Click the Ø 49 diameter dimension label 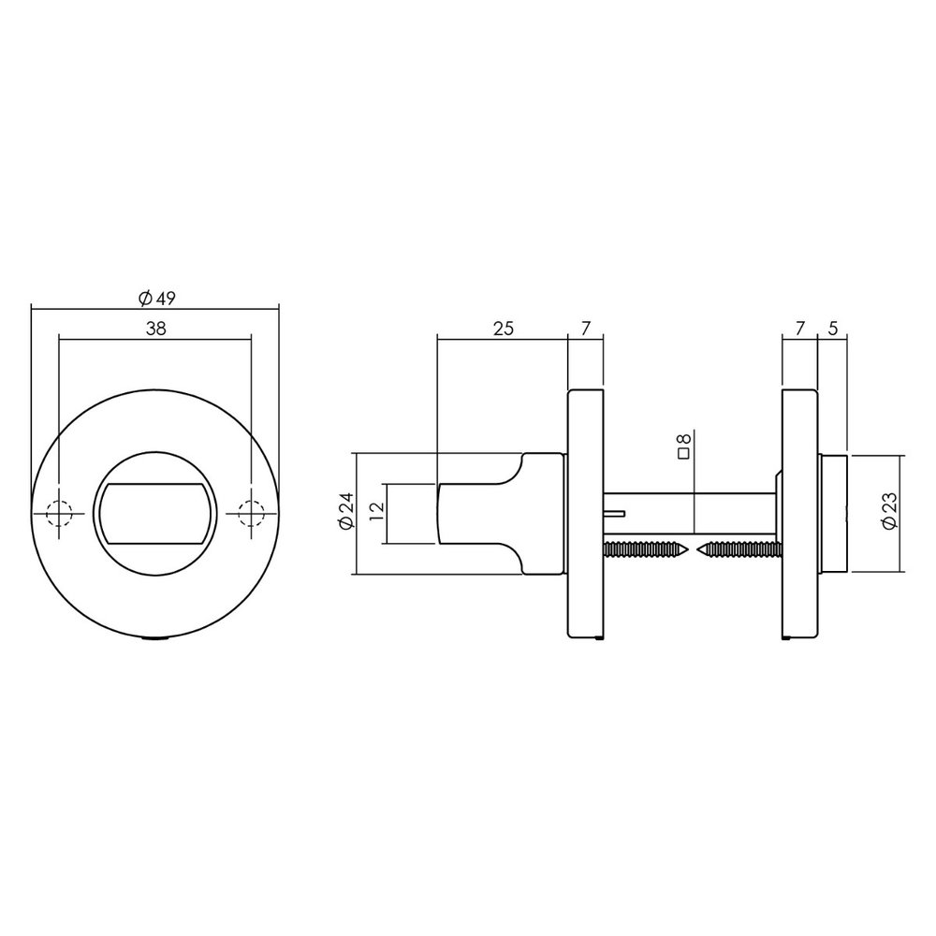point(156,299)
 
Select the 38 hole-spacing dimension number point(156,329)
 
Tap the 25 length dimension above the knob point(504,329)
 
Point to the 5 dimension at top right point(832,329)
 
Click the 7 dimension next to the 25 point(586,329)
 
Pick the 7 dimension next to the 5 point(799,329)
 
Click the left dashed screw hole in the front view point(59,513)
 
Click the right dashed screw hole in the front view point(252,513)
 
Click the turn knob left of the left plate point(501,513)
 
